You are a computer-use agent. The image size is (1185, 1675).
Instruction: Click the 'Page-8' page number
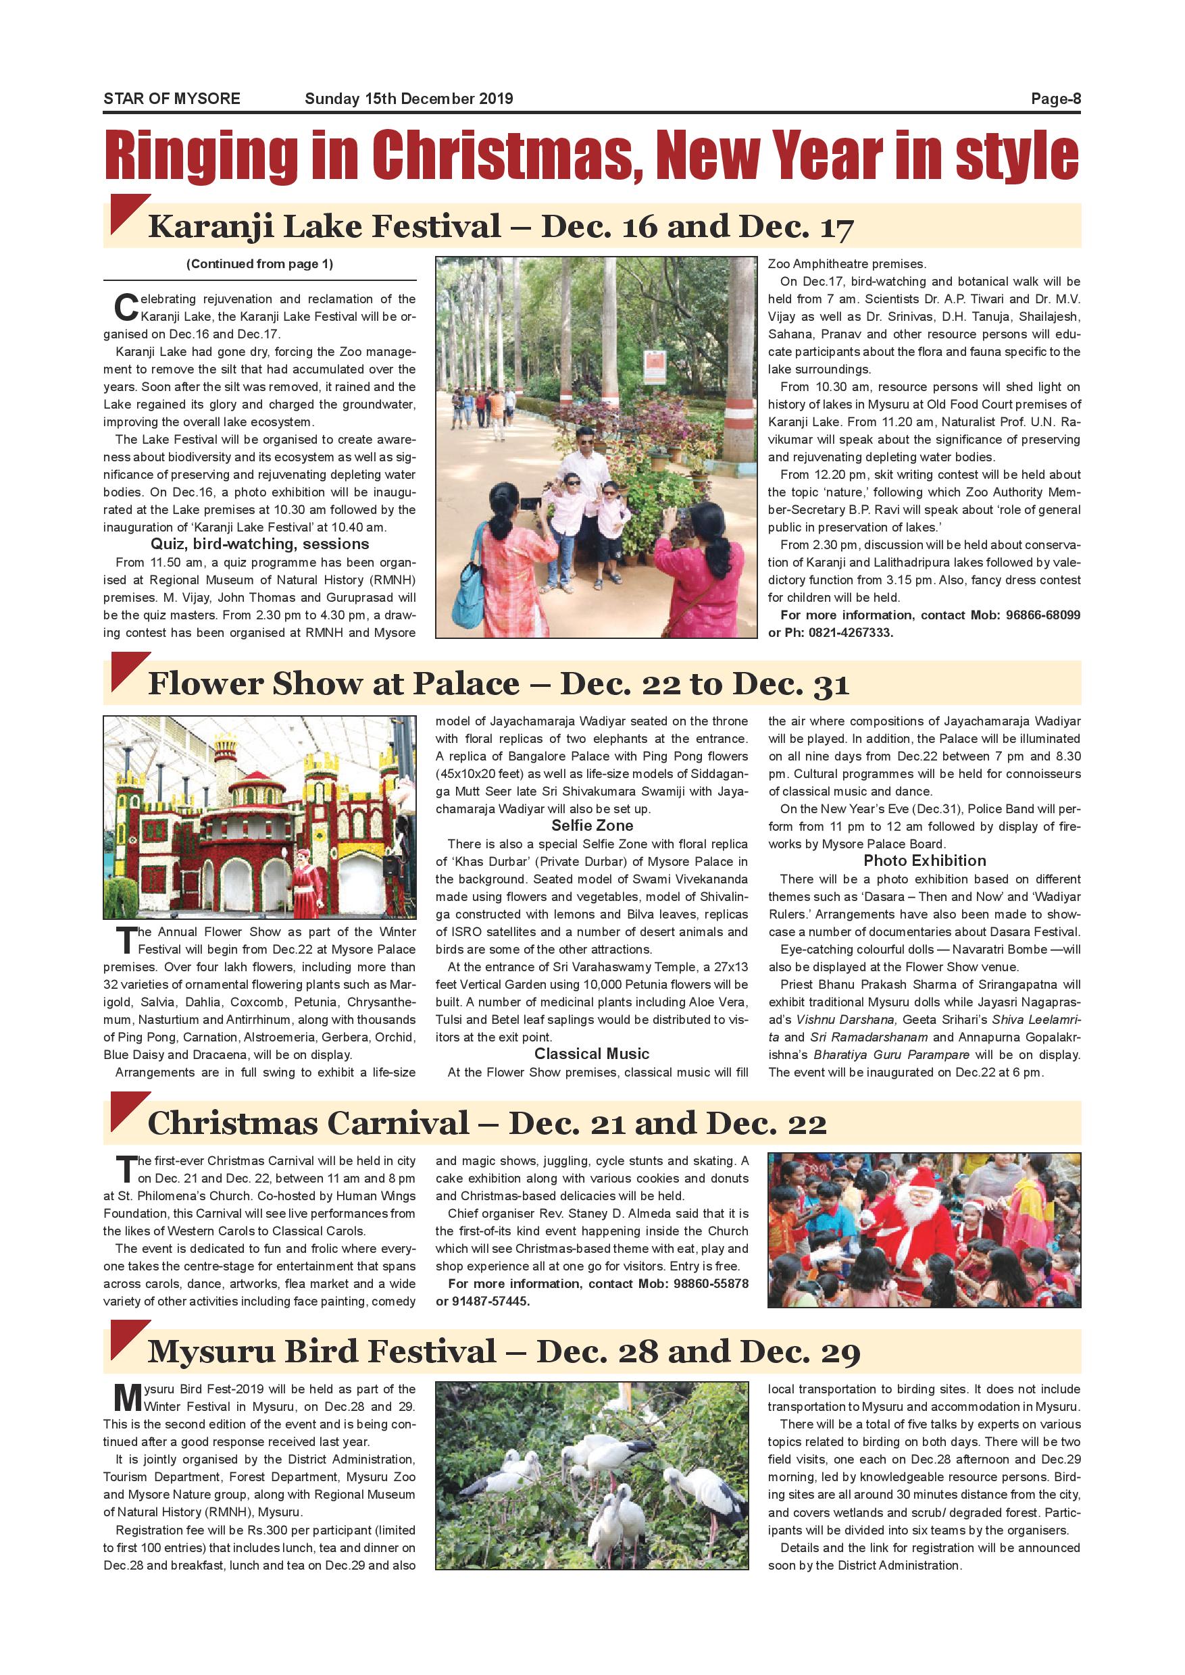pyautogui.click(x=1055, y=99)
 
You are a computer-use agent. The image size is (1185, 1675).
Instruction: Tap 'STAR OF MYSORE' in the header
pyautogui.click(x=172, y=99)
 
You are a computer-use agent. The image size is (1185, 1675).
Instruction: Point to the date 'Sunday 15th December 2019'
pyautogui.click(x=409, y=99)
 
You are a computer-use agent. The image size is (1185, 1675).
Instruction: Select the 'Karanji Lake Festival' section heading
pyautogui.click(x=325, y=226)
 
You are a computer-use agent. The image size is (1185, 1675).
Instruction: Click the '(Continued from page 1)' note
pyautogui.click(x=259, y=264)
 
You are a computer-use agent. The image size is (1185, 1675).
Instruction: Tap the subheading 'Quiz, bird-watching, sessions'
pyautogui.click(x=259, y=544)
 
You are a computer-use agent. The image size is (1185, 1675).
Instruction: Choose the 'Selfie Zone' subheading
pyautogui.click(x=592, y=826)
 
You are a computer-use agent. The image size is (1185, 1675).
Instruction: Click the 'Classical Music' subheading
pyautogui.click(x=592, y=1054)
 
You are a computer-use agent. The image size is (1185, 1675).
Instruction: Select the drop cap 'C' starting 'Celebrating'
pyautogui.click(x=126, y=308)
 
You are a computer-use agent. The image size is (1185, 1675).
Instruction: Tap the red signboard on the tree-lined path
pyautogui.click(x=655, y=365)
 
